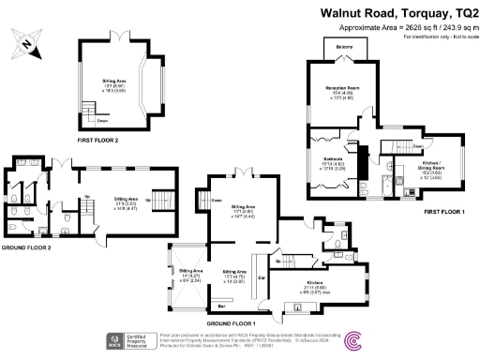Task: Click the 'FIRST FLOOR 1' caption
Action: pyautogui.click(x=443, y=213)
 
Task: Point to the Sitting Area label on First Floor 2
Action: pyautogui.click(x=115, y=82)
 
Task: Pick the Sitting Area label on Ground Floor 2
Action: pyautogui.click(x=127, y=199)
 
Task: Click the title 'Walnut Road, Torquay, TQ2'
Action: pyautogui.click(x=400, y=13)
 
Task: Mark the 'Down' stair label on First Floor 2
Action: pyautogui.click(x=102, y=120)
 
